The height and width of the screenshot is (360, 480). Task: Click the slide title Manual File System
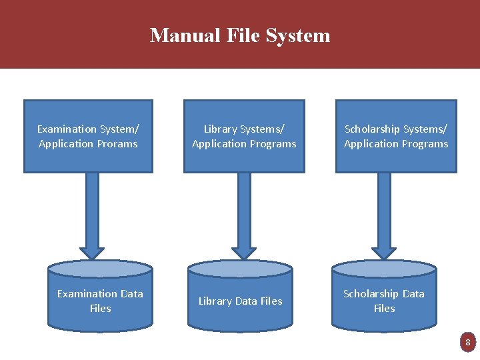240,35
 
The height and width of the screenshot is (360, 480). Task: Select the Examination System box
88,136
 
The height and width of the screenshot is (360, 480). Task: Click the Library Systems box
244,136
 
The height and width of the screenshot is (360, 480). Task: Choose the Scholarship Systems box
396,136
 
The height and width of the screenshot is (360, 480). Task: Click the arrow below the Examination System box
93,213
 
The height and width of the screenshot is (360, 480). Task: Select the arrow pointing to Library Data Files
244,213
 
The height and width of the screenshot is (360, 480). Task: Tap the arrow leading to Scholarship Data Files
384,213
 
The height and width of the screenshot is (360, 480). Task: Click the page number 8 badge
468,343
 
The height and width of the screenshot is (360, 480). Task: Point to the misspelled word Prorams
118,144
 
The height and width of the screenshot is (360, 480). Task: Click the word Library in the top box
221,129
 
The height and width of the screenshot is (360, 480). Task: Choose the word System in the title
297,35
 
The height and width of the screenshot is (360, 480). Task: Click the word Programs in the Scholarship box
425,144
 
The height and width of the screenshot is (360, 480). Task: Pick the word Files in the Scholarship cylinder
384,308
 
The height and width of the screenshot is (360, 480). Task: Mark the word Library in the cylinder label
215,301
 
